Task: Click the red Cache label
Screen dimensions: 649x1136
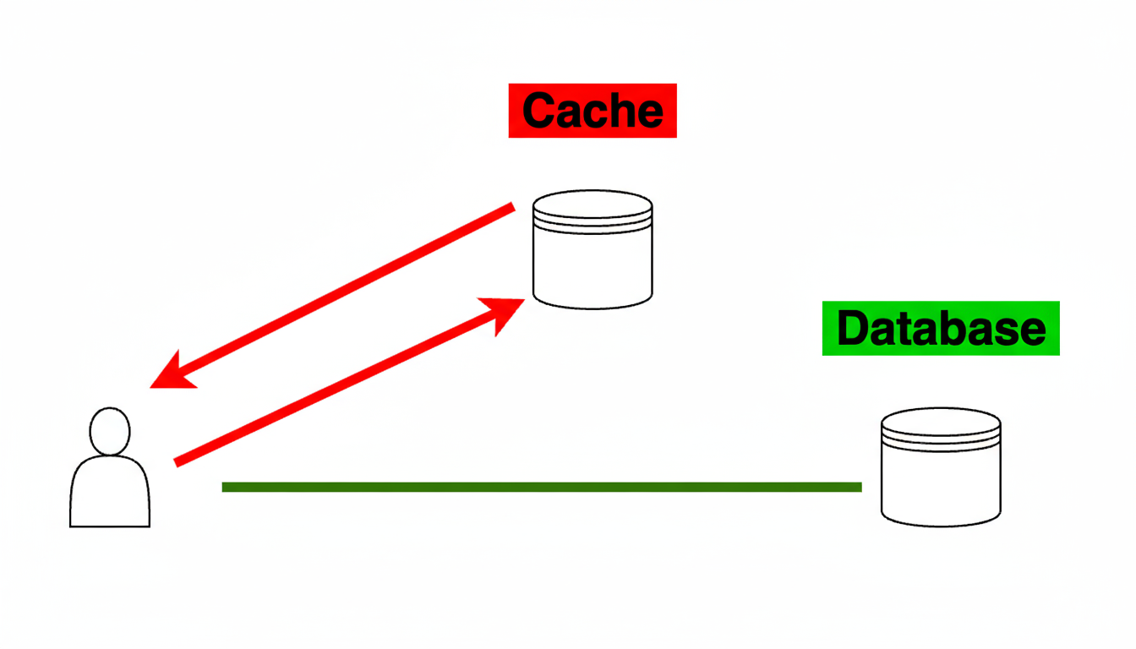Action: (592, 110)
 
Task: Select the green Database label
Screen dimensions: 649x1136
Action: (940, 328)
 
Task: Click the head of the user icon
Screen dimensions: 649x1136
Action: (110, 432)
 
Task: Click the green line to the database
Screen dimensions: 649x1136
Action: (541, 487)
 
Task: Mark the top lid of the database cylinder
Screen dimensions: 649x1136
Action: (941, 422)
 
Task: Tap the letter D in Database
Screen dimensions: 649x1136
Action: (851, 328)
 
